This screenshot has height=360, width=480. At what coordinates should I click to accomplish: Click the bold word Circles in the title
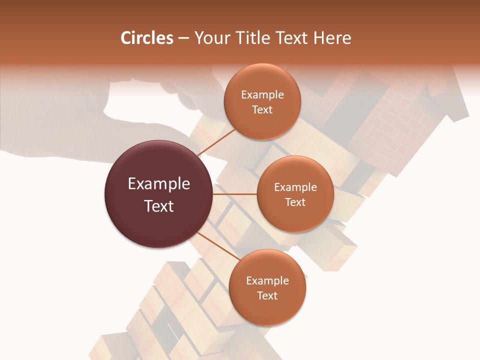point(146,38)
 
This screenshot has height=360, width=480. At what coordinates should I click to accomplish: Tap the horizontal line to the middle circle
point(235,194)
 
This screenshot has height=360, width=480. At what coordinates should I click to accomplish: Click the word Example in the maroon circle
point(158,184)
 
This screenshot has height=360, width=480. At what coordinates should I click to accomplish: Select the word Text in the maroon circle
point(158,206)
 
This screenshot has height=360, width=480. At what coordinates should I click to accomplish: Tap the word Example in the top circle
point(262,95)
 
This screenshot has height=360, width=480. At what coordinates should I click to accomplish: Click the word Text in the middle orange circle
point(295,202)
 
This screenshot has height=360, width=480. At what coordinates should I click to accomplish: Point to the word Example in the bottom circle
point(267,281)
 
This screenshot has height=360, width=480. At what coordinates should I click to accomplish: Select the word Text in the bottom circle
point(267,295)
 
